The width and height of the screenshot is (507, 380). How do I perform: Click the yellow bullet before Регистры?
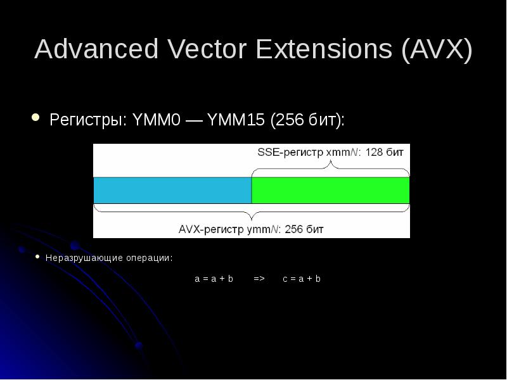pyautogui.click(x=36, y=118)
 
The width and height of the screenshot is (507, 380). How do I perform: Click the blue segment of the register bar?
pyautogui.click(x=172, y=190)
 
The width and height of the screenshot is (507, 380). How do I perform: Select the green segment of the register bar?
pyautogui.click(x=330, y=190)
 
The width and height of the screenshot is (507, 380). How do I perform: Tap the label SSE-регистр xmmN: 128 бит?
pyautogui.click(x=330, y=153)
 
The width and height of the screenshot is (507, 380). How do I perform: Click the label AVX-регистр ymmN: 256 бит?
pyautogui.click(x=252, y=229)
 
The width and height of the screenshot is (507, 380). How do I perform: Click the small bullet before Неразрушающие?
pyautogui.click(x=37, y=257)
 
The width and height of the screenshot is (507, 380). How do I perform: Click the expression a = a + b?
pyautogui.click(x=214, y=279)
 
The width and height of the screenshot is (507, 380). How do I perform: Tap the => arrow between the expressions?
pyautogui.click(x=259, y=279)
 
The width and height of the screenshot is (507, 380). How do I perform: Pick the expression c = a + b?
pyautogui.click(x=302, y=279)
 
